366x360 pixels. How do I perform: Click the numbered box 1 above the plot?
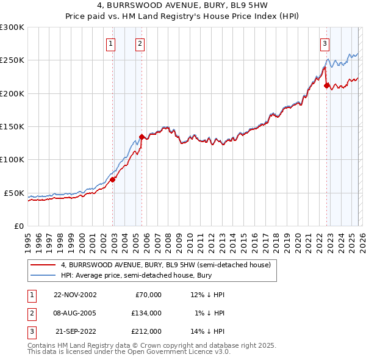[111, 43]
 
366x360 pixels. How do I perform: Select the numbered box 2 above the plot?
[140, 43]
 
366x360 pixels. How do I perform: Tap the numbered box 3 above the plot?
[325, 43]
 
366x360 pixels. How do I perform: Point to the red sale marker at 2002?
[113, 179]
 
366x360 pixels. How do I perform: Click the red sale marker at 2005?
[142, 137]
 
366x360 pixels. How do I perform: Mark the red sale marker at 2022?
[326, 85]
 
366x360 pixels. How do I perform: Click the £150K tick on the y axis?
[13, 126]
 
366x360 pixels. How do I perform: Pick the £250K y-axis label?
[13, 60]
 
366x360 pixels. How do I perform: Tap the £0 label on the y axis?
[18, 226]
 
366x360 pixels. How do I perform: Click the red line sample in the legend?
[43, 265]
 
